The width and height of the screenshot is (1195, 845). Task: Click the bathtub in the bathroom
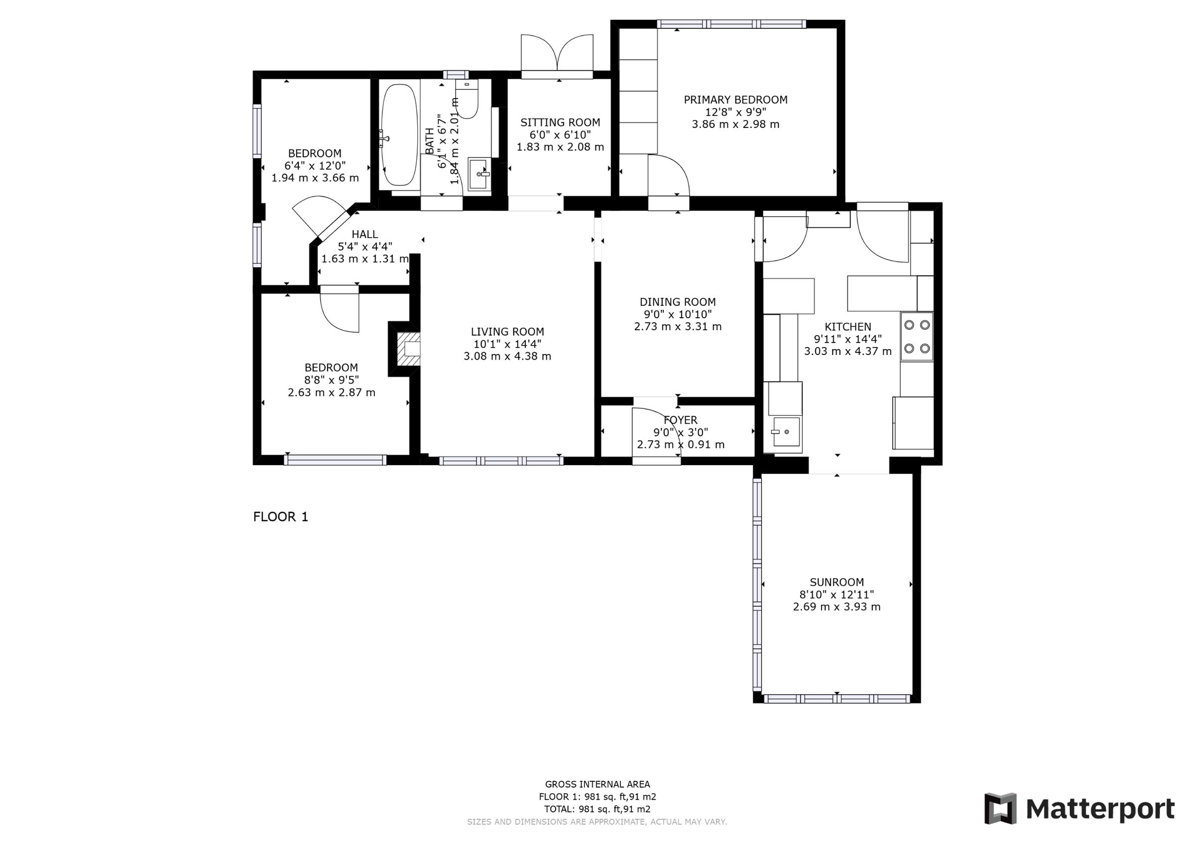pos(399,135)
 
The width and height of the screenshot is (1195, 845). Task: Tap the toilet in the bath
pos(467,102)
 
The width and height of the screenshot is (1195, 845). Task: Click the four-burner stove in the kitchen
pos(917,337)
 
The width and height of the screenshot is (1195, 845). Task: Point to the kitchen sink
pos(786,432)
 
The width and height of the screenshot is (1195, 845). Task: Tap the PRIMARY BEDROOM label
pos(735,100)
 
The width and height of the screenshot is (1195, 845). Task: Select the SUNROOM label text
pos(836,582)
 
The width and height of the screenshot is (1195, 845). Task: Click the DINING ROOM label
pos(677,302)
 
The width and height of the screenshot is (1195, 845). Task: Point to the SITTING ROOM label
pos(560,122)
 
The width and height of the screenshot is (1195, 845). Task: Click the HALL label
pos(364,235)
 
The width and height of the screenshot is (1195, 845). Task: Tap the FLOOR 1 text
pos(280,516)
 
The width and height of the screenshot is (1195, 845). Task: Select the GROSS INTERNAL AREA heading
pos(597,784)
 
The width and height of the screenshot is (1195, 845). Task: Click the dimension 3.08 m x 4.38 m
pos(507,357)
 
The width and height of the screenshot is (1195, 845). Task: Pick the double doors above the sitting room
pos(557,55)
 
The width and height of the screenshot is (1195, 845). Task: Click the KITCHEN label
pos(847,327)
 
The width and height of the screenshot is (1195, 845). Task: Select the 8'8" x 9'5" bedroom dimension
pos(331,380)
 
